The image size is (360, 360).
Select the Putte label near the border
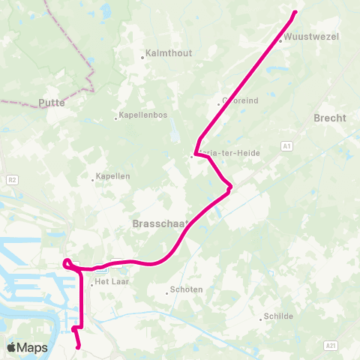[x=52, y=103]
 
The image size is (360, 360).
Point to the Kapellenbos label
[x=141, y=117]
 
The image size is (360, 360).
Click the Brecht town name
[x=330, y=118]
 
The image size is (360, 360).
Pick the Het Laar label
[x=111, y=283]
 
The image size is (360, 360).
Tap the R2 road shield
[x=12, y=180]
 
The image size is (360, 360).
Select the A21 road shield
[x=331, y=345]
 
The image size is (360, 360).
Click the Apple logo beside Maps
[x=12, y=347]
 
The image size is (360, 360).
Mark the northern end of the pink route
[x=295, y=11]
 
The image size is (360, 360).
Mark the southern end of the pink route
[x=79, y=347]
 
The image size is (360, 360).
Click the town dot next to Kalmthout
[x=142, y=55]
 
